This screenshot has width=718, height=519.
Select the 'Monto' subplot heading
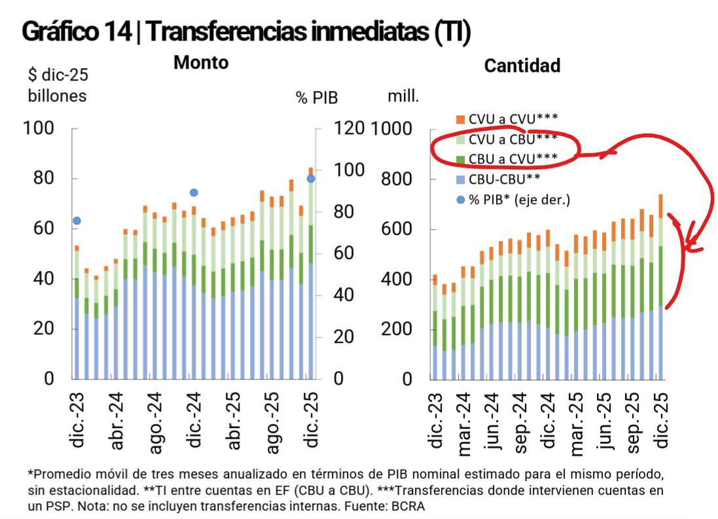[201, 63]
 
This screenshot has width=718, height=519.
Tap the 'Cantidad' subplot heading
[522, 65]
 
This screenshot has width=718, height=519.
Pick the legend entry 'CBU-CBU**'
[505, 179]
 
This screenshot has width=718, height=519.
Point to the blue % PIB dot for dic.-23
[77, 221]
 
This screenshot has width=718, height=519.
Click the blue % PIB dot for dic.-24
[194, 192]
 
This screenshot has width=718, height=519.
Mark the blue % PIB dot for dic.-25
[311, 179]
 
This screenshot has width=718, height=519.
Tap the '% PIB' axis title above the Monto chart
[316, 98]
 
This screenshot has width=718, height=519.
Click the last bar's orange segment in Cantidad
[660, 206]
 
